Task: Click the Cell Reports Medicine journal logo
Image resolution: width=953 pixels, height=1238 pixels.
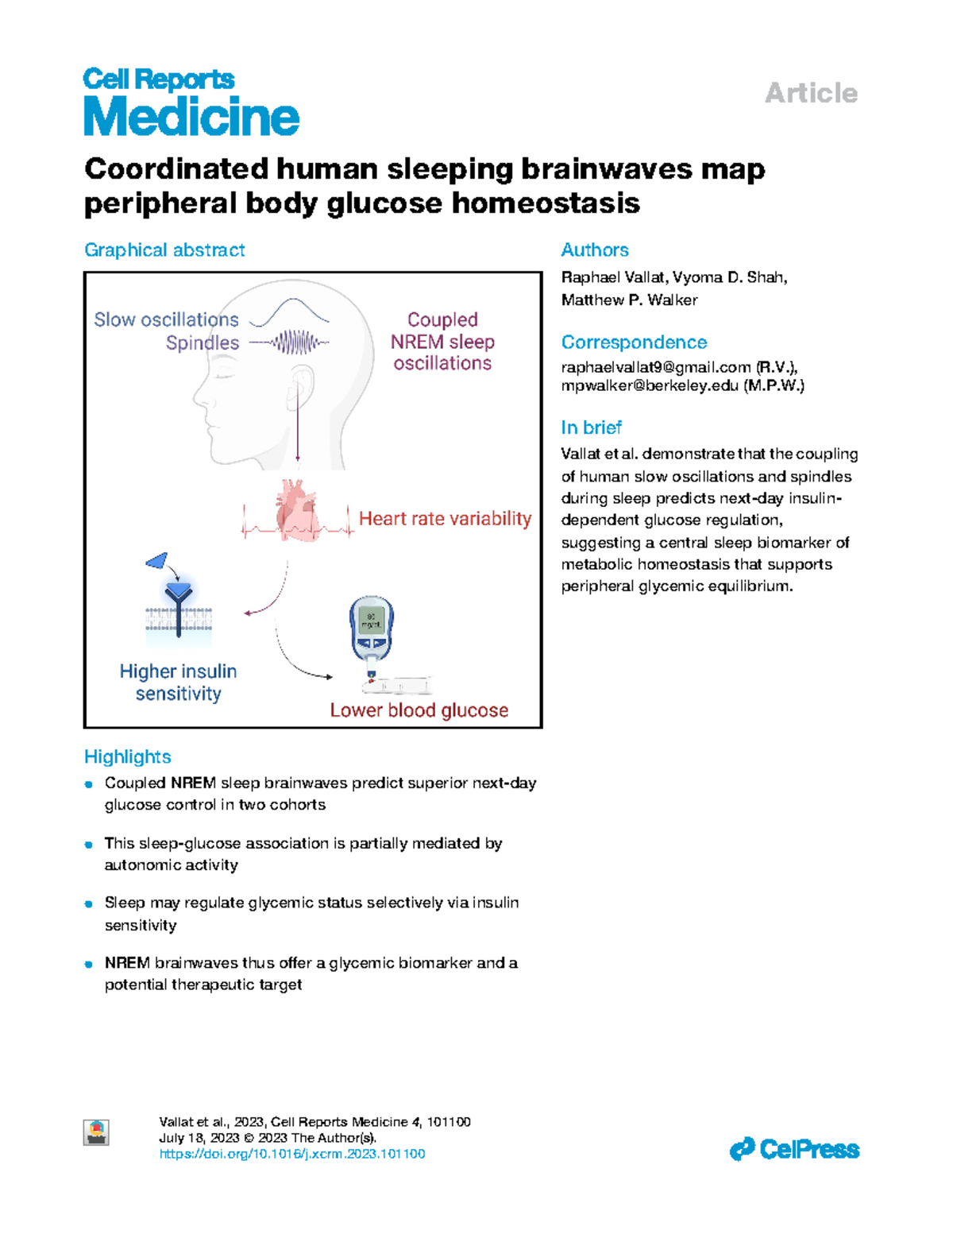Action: (x=191, y=102)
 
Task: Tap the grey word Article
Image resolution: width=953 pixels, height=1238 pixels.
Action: (x=811, y=94)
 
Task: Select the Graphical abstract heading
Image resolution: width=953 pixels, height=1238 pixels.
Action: (x=164, y=250)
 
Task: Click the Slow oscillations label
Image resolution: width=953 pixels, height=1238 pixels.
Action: (x=166, y=319)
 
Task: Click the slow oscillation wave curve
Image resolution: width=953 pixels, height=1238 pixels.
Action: (x=289, y=312)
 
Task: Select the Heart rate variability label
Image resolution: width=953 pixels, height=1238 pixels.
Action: (x=446, y=518)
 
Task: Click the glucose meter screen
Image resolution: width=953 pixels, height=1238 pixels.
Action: (x=371, y=621)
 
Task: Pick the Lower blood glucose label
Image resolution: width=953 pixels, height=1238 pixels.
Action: (x=419, y=710)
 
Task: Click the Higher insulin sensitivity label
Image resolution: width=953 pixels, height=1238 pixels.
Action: (x=178, y=682)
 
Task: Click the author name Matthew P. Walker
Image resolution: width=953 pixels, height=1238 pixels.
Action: (x=629, y=300)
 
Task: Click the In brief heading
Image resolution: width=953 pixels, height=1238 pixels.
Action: (x=591, y=427)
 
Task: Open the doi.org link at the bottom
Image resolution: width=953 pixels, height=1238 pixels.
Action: (x=292, y=1155)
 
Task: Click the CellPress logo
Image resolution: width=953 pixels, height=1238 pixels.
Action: (x=794, y=1150)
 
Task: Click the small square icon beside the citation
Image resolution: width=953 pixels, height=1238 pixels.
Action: (x=96, y=1132)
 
